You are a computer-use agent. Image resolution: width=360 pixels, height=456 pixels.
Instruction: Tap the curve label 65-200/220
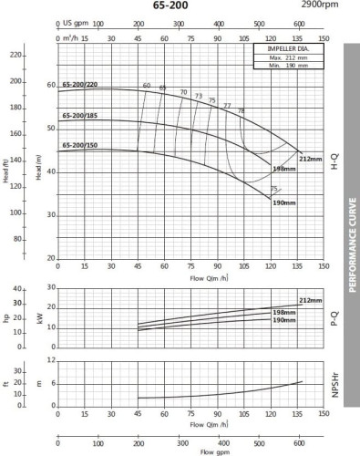(80, 85)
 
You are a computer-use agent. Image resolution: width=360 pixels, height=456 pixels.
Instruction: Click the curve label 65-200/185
(80, 116)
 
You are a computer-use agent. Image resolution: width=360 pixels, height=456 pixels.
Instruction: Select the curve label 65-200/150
(80, 145)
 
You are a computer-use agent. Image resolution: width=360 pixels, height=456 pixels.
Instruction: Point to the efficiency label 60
(146, 86)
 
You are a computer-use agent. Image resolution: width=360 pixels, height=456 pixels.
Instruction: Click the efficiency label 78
(241, 110)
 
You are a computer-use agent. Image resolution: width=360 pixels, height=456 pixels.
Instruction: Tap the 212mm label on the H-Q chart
(311, 159)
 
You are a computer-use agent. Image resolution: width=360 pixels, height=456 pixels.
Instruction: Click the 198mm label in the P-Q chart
(285, 313)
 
